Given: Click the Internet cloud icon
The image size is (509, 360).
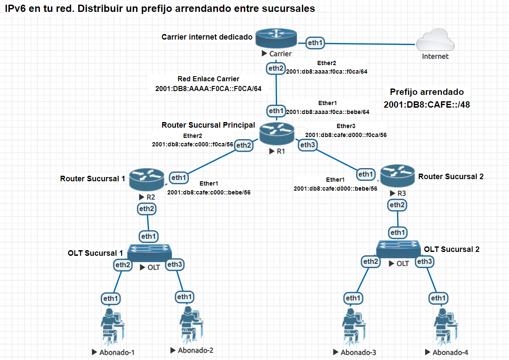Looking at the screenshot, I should pos(435,43).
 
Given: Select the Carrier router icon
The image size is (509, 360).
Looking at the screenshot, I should pos(276,39).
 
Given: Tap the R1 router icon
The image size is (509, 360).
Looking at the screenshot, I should pos(277,134).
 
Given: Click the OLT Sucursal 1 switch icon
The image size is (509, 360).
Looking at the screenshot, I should pos(148,253).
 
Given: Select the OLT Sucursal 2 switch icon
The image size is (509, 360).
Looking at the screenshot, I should pos(398,249).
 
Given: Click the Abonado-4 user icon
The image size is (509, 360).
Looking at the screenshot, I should pos(445,326).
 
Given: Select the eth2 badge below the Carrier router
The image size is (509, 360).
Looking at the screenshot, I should pos(275,68).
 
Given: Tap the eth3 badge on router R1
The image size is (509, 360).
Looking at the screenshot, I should pos(308,145).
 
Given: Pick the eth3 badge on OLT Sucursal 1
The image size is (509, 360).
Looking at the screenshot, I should pos(174,264).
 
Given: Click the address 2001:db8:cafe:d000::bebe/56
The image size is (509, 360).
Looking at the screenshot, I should pos(335,188).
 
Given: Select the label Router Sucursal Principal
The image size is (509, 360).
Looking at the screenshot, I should pos(208,125).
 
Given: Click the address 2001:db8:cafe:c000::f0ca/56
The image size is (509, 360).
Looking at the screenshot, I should pos(192,144).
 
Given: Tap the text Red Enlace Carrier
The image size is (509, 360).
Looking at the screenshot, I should pos(208,79).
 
